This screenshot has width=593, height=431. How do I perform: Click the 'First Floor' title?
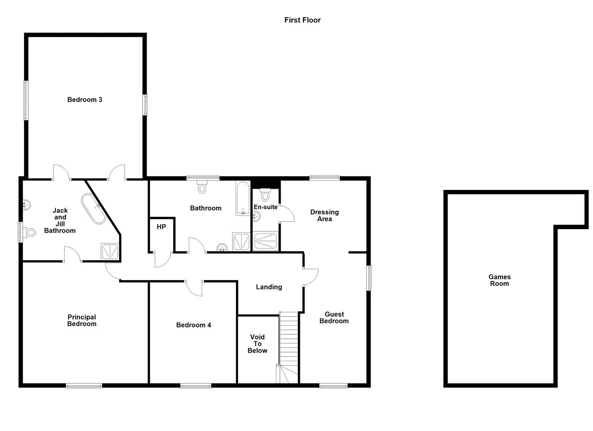pyautogui.click(x=302, y=20)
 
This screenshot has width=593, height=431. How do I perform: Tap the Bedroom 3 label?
pyautogui.click(x=85, y=100)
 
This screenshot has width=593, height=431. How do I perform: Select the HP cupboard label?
pyautogui.click(x=161, y=227)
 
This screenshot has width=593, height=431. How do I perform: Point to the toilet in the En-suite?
pyautogui.click(x=265, y=194)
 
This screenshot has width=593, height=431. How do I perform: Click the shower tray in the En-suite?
pyautogui.click(x=266, y=241)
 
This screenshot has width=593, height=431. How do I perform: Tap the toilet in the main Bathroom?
pyautogui.click(x=202, y=187)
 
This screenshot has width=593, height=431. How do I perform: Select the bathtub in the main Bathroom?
pyautogui.click(x=243, y=198)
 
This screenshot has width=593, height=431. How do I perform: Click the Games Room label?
pyautogui.click(x=499, y=280)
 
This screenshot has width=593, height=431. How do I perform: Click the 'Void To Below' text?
pyautogui.click(x=257, y=344)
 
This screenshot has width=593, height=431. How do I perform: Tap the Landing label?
pyautogui.click(x=269, y=287)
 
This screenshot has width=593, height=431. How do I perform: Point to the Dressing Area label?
pyautogui.click(x=325, y=215)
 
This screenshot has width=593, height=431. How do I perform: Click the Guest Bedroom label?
pyautogui.click(x=334, y=318)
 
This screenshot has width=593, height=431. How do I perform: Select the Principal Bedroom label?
pyautogui.click(x=82, y=320)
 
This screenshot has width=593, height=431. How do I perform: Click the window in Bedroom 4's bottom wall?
pyautogui.click(x=196, y=386)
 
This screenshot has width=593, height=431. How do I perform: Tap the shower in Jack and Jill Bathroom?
pyautogui.click(x=110, y=251)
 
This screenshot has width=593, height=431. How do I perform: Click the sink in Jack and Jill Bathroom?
pyautogui.click(x=26, y=205)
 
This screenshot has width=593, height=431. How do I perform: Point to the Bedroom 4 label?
pyautogui.click(x=194, y=325)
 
